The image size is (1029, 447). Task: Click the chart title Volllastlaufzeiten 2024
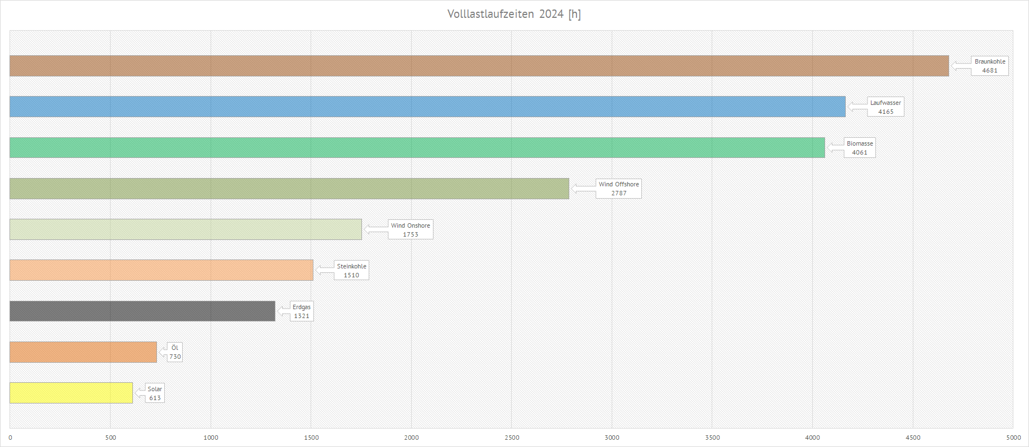514,14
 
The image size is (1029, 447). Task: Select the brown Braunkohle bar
479,66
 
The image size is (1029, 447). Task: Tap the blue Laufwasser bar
427,107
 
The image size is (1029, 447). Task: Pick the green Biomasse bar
417,148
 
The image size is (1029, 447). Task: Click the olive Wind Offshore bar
289,189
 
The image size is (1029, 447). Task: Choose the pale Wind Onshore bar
185,229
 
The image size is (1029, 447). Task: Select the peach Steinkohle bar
161,270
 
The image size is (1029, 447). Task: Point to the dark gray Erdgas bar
142,311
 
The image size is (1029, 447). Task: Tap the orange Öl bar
83,352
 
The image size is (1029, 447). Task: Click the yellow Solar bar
72,393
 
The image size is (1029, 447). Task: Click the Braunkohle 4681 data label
989,66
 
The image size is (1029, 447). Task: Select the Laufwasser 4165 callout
885,107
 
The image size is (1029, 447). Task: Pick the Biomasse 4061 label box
860,148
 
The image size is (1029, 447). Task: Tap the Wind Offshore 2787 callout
618,189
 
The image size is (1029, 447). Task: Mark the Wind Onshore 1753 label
411,230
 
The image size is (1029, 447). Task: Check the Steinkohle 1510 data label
351,271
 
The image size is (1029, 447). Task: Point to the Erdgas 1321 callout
302,311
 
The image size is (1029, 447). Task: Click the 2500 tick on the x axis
512,438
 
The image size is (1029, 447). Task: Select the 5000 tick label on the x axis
1013,438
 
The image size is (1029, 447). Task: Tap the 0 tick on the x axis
10,438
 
